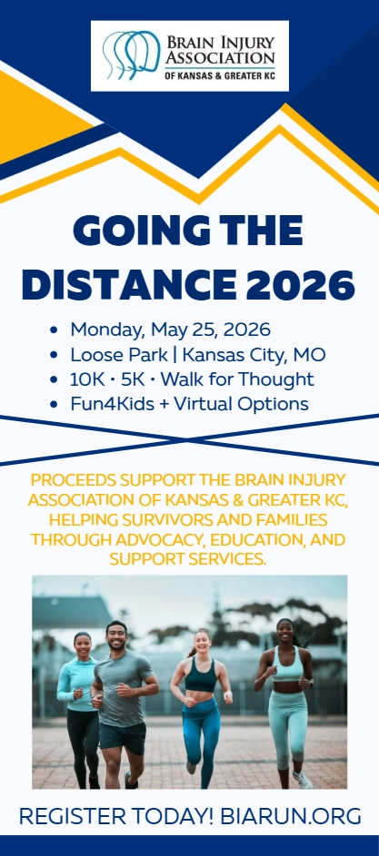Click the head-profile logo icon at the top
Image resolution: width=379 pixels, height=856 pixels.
(x=131, y=54)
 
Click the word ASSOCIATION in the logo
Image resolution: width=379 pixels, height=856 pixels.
(x=220, y=57)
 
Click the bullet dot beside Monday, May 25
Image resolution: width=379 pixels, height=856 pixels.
(x=53, y=330)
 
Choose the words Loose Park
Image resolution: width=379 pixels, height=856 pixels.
(x=119, y=355)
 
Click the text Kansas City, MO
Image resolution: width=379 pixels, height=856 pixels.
(x=254, y=355)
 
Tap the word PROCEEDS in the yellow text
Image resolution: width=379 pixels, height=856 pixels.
(x=74, y=480)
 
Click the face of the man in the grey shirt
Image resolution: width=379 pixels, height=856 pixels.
(x=116, y=637)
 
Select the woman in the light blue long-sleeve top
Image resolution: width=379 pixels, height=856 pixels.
(x=78, y=705)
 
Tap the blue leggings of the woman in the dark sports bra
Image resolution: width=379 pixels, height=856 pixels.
(x=201, y=725)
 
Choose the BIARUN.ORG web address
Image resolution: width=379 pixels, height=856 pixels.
(x=291, y=815)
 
